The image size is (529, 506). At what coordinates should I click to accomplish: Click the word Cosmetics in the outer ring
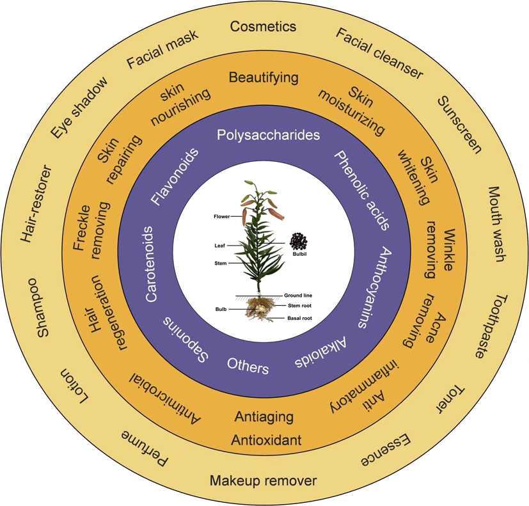click(x=263, y=27)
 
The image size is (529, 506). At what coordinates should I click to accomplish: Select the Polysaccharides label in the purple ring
click(x=268, y=135)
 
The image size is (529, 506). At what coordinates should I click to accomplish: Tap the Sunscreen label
click(x=459, y=125)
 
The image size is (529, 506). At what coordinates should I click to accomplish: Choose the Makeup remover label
click(x=263, y=481)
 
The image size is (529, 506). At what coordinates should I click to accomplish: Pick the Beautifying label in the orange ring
click(x=264, y=78)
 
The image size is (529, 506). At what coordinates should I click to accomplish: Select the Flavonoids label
click(x=175, y=177)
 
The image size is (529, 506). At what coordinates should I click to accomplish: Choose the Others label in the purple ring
click(x=248, y=365)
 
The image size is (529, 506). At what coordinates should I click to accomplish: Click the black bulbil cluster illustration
click(x=297, y=242)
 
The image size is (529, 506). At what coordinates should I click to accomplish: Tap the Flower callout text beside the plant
click(x=221, y=217)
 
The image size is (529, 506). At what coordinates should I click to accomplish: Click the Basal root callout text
click(x=299, y=317)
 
